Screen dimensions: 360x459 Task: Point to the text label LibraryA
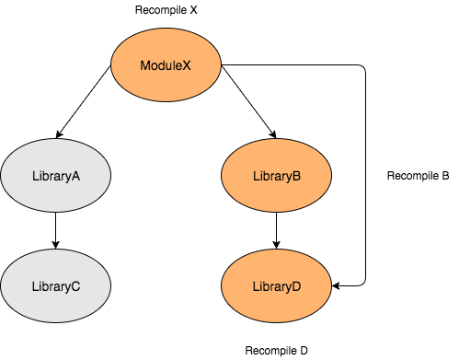(x=55, y=176)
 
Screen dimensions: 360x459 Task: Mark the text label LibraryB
(x=276, y=176)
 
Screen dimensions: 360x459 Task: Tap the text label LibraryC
(x=55, y=286)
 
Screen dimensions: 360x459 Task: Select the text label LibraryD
(x=276, y=286)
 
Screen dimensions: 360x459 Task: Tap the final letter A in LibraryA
(x=76, y=176)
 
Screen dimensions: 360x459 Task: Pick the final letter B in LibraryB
(x=297, y=176)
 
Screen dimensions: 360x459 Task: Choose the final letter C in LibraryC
(x=75, y=286)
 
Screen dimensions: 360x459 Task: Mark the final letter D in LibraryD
(x=296, y=286)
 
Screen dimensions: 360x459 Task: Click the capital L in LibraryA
(x=35, y=176)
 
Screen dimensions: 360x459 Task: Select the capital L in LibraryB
(x=256, y=176)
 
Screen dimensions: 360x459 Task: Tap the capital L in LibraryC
(x=35, y=286)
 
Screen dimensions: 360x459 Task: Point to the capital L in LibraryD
(x=256, y=286)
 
